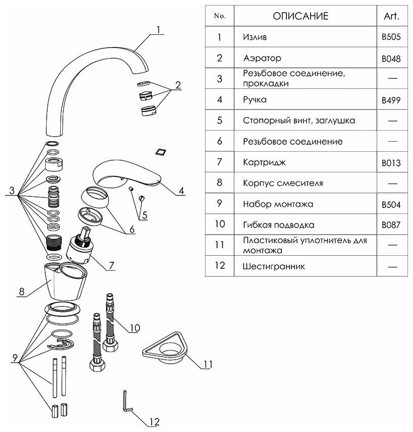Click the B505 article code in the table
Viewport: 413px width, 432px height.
(391, 37)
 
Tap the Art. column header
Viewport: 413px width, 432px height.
(391, 16)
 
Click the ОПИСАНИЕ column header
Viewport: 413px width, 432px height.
(300, 16)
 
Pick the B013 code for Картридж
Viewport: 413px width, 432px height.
(391, 163)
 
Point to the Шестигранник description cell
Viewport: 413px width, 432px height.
(273, 266)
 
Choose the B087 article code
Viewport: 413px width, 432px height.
(391, 225)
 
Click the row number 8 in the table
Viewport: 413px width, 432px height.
(219, 183)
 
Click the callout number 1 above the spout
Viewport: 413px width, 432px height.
(158, 30)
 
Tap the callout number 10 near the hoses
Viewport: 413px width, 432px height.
(134, 328)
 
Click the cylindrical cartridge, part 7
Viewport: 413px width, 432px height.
(79, 245)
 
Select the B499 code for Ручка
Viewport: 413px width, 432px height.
(391, 100)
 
